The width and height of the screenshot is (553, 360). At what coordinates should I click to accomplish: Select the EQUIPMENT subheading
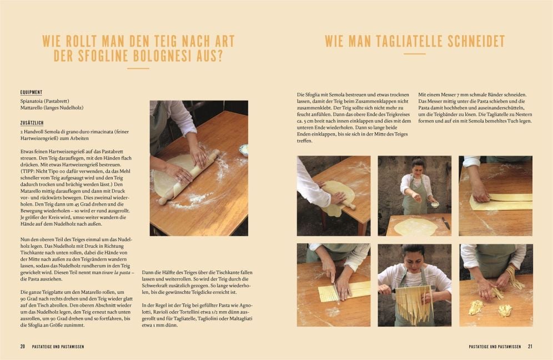point(31,92)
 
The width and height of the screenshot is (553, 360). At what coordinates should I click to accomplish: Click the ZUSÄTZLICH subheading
point(32,123)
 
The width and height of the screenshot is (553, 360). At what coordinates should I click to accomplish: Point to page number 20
point(23,347)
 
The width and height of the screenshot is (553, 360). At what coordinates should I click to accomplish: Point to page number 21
point(530,347)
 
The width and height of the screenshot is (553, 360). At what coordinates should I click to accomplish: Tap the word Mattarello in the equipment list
point(32,108)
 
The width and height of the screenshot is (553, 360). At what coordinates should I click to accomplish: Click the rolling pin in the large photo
point(189,177)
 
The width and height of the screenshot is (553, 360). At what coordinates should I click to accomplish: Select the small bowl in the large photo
point(244,149)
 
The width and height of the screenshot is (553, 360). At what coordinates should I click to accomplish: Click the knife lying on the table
point(446,223)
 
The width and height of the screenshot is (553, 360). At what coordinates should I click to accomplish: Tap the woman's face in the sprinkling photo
point(418,168)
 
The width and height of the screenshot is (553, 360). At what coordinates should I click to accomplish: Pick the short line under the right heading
point(415,54)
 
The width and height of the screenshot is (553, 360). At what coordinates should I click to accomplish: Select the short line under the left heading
point(138,68)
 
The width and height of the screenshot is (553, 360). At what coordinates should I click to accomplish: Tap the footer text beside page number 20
point(58,347)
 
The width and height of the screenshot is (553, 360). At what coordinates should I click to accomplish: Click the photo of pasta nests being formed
point(496,285)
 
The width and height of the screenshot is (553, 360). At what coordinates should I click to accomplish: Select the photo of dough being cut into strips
point(334,285)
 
